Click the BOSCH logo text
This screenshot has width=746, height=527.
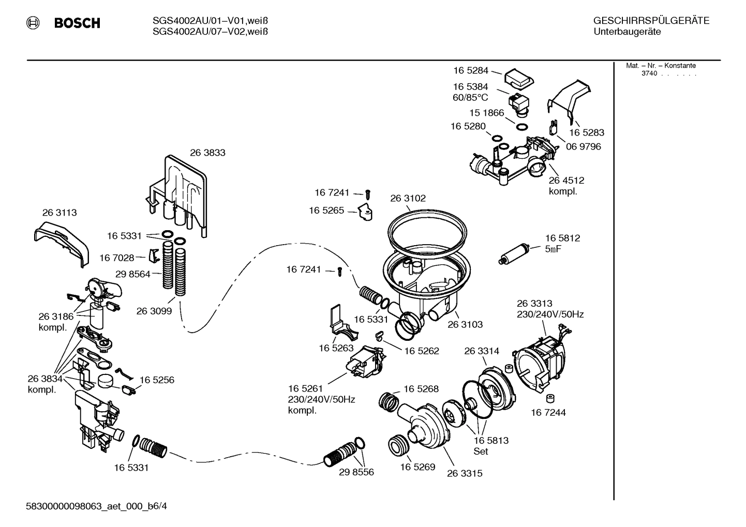(77, 23)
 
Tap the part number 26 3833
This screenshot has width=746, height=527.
(207, 153)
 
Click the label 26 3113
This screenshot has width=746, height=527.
(59, 213)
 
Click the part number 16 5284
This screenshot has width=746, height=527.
(471, 70)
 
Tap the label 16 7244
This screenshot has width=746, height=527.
(548, 413)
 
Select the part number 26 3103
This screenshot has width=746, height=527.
(465, 324)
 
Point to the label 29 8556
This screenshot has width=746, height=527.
(356, 472)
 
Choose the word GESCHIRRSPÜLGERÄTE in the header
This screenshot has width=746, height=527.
(651, 21)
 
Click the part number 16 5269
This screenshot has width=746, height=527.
(417, 467)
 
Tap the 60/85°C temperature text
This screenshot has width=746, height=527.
(470, 98)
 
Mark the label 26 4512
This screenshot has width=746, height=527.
(566, 180)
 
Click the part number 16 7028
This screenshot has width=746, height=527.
(116, 258)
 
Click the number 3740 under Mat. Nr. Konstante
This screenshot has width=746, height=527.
(649, 73)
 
